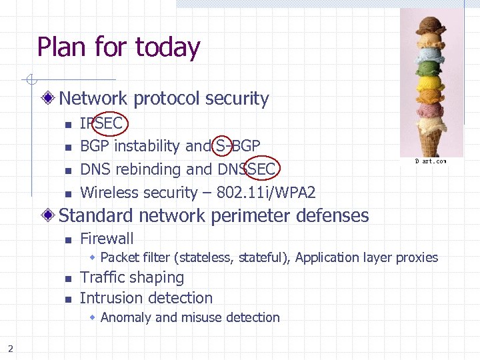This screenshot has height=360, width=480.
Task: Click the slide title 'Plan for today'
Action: pos(119,47)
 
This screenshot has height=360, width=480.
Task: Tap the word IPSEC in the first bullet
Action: pos(101,123)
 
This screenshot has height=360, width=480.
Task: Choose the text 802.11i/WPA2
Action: pos(266,193)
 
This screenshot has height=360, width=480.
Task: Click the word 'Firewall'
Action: pos(107,239)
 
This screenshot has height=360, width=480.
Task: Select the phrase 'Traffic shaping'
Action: pos(132,277)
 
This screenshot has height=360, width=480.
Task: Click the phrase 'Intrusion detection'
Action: pos(146,298)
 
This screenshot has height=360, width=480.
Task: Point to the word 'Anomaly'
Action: pos(126,318)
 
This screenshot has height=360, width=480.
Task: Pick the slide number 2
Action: pos(11,346)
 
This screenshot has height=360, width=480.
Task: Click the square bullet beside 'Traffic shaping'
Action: pos(67,279)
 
